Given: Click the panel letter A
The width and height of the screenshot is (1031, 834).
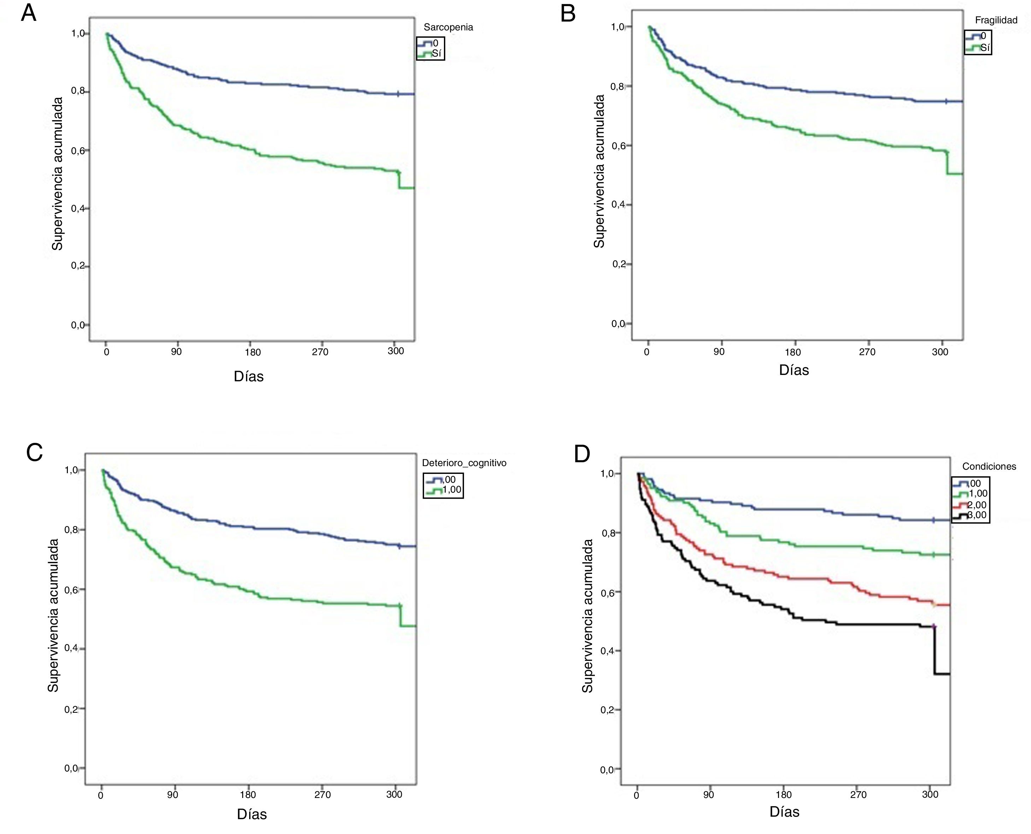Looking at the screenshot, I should pos(29,13).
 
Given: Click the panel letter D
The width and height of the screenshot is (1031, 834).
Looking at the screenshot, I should pos(582,454).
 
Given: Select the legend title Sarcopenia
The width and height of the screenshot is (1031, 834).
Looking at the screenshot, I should pos(448,27).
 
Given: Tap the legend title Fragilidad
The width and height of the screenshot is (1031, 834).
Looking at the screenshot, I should pos(996,20).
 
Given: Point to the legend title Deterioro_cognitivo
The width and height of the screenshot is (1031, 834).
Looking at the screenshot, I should pos(464,463).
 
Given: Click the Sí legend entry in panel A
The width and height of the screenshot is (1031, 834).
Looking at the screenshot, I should pos(436,53).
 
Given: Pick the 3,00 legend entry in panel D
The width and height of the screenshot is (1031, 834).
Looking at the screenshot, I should pos(977,516).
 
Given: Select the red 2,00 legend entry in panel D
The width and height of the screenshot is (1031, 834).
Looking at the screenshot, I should pos(977,505).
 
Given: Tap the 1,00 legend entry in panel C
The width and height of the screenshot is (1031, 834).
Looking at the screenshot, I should pos(452,490).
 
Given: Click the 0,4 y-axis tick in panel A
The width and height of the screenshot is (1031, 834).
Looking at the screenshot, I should pos(78,208).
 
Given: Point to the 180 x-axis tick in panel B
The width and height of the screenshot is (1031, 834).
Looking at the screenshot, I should pos(793,352).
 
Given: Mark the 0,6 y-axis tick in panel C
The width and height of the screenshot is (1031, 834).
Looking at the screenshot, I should pos(72,589).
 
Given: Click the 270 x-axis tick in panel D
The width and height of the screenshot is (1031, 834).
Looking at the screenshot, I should pos(858,795).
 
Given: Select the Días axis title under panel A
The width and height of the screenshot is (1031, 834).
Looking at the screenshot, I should pos(248,376).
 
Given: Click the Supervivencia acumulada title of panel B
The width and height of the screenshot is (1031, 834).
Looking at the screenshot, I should pos(599,171).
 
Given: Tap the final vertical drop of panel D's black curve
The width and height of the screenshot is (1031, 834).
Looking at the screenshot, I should pos(935,651).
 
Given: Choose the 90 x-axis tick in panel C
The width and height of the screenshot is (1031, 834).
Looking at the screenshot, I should pos(172,795).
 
